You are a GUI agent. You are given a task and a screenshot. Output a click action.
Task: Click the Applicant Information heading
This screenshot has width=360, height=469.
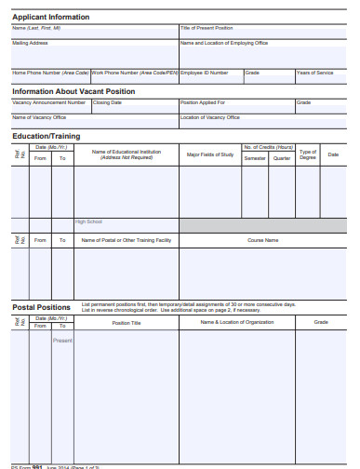click(x=51, y=17)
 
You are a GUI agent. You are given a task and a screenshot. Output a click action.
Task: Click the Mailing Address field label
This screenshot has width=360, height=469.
click(x=30, y=43)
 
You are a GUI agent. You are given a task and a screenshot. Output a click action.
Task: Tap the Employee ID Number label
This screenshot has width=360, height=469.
click(x=204, y=72)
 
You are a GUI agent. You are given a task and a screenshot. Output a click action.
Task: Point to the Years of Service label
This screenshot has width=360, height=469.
click(x=314, y=72)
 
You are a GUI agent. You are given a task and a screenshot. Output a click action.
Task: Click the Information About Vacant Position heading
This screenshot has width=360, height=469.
click(x=73, y=91)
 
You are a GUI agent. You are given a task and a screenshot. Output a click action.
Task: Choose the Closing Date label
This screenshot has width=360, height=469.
click(x=108, y=102)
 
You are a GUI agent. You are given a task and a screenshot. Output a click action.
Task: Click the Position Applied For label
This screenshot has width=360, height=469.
click(x=203, y=102)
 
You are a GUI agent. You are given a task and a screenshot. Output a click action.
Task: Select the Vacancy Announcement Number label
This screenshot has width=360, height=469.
click(x=48, y=102)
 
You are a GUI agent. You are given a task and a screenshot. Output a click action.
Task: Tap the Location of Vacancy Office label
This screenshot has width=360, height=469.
click(x=209, y=117)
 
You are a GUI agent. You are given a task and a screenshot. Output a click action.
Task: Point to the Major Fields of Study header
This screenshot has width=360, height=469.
click(x=210, y=154)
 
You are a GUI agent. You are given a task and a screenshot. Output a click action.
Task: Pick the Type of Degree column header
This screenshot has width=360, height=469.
click(x=308, y=154)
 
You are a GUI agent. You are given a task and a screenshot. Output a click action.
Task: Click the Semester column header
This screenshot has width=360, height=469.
click(x=255, y=158)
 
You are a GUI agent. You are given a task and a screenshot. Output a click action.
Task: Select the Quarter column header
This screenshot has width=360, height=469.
click(x=282, y=158)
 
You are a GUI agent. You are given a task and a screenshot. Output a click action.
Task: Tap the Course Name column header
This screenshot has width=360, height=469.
click(x=263, y=239)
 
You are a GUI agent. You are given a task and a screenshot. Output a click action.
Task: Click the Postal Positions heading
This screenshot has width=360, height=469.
click(x=41, y=307)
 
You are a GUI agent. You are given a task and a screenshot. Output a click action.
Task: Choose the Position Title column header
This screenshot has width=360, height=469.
click(x=127, y=323)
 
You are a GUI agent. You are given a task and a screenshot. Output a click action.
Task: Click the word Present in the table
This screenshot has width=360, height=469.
click(x=62, y=341)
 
